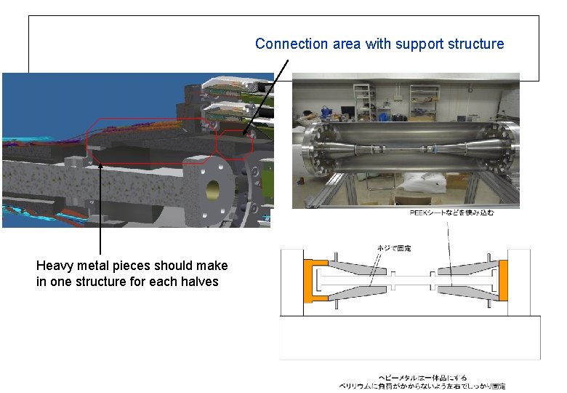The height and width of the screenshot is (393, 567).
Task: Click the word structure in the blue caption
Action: point(477,44)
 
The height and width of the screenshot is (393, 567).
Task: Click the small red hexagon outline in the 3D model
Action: point(234,143)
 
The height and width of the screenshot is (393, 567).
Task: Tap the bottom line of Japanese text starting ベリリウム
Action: point(422,386)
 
